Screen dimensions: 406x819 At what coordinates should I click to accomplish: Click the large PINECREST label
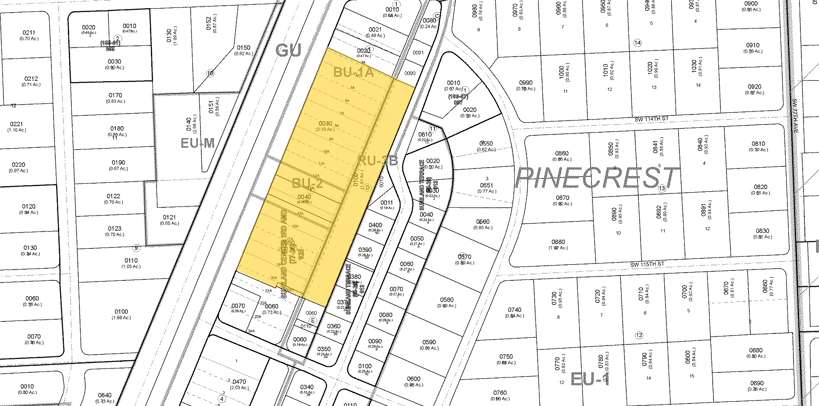click(596, 178)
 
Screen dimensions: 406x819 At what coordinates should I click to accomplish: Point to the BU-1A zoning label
click(353, 72)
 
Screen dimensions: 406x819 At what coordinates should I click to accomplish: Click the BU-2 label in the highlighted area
click(307, 184)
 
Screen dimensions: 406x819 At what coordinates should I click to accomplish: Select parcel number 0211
click(29, 32)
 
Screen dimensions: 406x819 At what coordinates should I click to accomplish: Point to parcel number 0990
click(526, 83)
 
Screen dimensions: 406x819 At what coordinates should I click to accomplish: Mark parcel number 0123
click(115, 228)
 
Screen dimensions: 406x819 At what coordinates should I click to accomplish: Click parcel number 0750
click(506, 356)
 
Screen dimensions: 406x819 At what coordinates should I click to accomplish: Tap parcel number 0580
click(446, 300)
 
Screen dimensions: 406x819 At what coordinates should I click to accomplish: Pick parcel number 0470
click(239, 382)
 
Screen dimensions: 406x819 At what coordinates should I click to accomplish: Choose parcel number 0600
click(414, 379)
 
